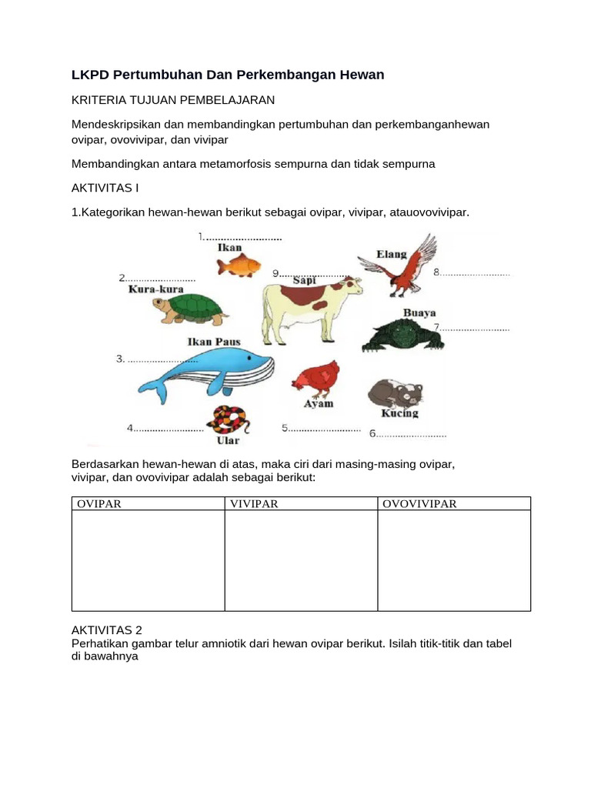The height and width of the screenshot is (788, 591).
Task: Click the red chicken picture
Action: pos(316,378)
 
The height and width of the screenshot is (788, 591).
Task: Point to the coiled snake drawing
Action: pos(229,420)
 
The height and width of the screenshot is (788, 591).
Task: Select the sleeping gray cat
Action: pos(395,392)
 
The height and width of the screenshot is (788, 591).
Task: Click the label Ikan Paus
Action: pos(214,342)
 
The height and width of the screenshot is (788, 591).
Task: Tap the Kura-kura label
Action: pos(155,290)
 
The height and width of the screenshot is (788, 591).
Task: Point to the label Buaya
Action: pos(419,313)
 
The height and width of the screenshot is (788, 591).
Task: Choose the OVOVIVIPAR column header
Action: pos(419,504)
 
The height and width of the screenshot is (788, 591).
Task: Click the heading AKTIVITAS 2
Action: pos(106,629)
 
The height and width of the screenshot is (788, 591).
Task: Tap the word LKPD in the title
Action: pos(90,75)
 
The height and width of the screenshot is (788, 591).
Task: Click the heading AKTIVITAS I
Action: pos(105,188)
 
